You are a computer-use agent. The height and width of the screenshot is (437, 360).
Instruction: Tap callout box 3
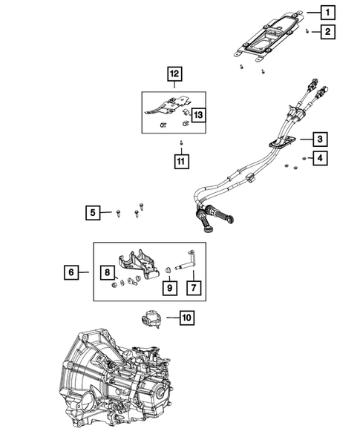(x=317, y=139)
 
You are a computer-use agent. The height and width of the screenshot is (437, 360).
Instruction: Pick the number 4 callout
(x=320, y=158)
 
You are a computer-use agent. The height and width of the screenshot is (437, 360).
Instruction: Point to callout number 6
(x=71, y=273)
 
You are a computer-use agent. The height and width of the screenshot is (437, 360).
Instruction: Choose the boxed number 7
(x=192, y=286)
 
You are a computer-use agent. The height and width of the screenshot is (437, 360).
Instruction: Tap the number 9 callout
(x=168, y=286)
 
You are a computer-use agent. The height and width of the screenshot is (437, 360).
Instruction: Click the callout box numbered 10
(x=186, y=318)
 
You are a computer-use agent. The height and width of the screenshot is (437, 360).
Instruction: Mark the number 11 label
(x=180, y=160)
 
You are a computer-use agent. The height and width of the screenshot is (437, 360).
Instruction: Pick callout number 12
(x=174, y=74)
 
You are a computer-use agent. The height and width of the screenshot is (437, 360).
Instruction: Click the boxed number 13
(x=198, y=114)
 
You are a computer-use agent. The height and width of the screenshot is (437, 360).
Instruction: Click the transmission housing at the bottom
(x=119, y=386)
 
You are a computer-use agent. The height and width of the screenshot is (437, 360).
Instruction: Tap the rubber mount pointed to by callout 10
(x=151, y=320)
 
